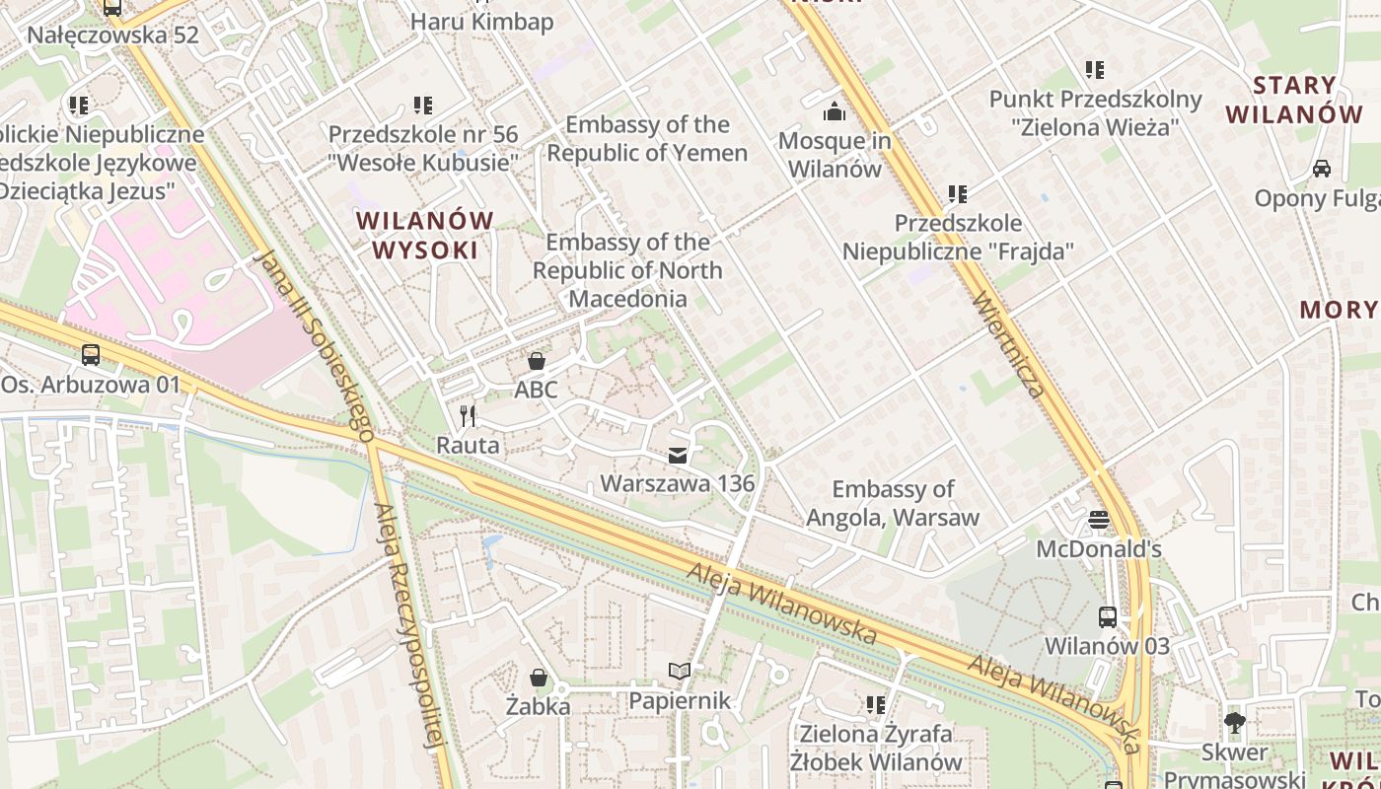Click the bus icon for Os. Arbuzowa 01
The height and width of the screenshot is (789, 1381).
click(x=91, y=355)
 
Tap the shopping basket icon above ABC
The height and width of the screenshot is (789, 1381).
click(x=537, y=361)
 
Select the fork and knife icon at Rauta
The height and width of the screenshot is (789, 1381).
click(x=469, y=416)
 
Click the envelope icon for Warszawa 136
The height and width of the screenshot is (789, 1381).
click(x=677, y=455)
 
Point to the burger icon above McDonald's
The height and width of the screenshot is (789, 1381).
click(x=1099, y=520)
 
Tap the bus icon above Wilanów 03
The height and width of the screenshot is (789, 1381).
click(x=1108, y=617)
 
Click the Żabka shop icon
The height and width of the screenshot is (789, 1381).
click(x=539, y=678)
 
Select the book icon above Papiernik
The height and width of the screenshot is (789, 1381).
click(x=679, y=672)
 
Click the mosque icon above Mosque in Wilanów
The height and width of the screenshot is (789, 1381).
click(x=835, y=111)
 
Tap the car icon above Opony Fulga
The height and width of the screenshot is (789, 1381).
click(x=1321, y=169)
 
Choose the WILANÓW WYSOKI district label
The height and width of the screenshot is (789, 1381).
click(x=425, y=235)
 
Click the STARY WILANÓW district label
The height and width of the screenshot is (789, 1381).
click(x=1294, y=100)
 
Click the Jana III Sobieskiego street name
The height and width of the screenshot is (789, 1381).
click(x=314, y=344)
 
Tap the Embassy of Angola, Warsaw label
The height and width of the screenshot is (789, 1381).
click(x=893, y=503)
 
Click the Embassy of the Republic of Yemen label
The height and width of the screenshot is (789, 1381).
click(x=647, y=139)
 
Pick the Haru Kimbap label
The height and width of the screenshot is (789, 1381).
click(x=481, y=22)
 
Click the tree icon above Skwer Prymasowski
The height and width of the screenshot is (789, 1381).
click(x=1233, y=722)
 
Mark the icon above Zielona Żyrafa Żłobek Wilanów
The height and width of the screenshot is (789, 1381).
click(x=875, y=704)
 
